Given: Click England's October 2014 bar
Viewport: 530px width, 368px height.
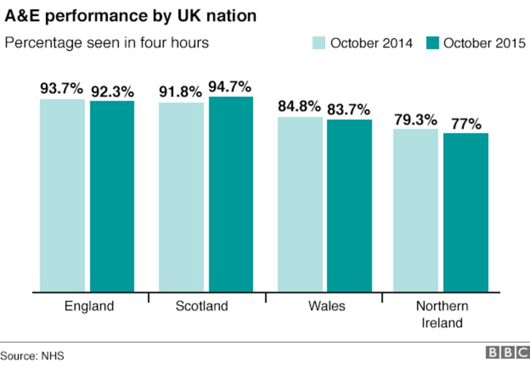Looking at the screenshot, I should (x=62, y=195).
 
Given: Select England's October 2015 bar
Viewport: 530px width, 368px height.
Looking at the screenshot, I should (x=112, y=196).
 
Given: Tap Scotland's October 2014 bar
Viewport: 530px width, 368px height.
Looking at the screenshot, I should (x=181, y=197).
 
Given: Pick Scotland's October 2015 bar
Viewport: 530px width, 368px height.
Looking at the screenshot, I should (x=231, y=194).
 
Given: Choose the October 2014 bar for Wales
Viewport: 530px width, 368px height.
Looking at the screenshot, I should (x=300, y=205).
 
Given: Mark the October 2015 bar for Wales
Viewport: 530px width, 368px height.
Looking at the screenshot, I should (x=349, y=206).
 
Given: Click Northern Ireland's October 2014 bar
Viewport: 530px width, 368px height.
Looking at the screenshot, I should (x=415, y=211).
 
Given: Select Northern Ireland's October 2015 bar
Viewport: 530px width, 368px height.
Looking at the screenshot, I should (x=465, y=213).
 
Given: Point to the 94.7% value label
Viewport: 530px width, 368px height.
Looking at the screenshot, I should (x=230, y=87).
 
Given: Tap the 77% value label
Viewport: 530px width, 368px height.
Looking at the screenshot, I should (x=465, y=124).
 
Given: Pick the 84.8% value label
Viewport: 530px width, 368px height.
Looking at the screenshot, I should (x=299, y=107).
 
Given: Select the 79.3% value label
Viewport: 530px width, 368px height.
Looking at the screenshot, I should (x=415, y=119).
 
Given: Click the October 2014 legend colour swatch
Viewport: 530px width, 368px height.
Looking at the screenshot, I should (x=319, y=43).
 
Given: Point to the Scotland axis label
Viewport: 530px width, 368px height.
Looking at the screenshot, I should (x=201, y=306).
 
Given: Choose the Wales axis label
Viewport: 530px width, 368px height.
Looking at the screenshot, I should (x=326, y=306).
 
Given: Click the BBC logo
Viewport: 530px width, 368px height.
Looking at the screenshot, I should (x=507, y=353).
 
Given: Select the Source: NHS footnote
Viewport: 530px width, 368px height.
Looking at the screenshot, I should (x=32, y=356).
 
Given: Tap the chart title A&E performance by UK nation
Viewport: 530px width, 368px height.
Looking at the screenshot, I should (x=130, y=16).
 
